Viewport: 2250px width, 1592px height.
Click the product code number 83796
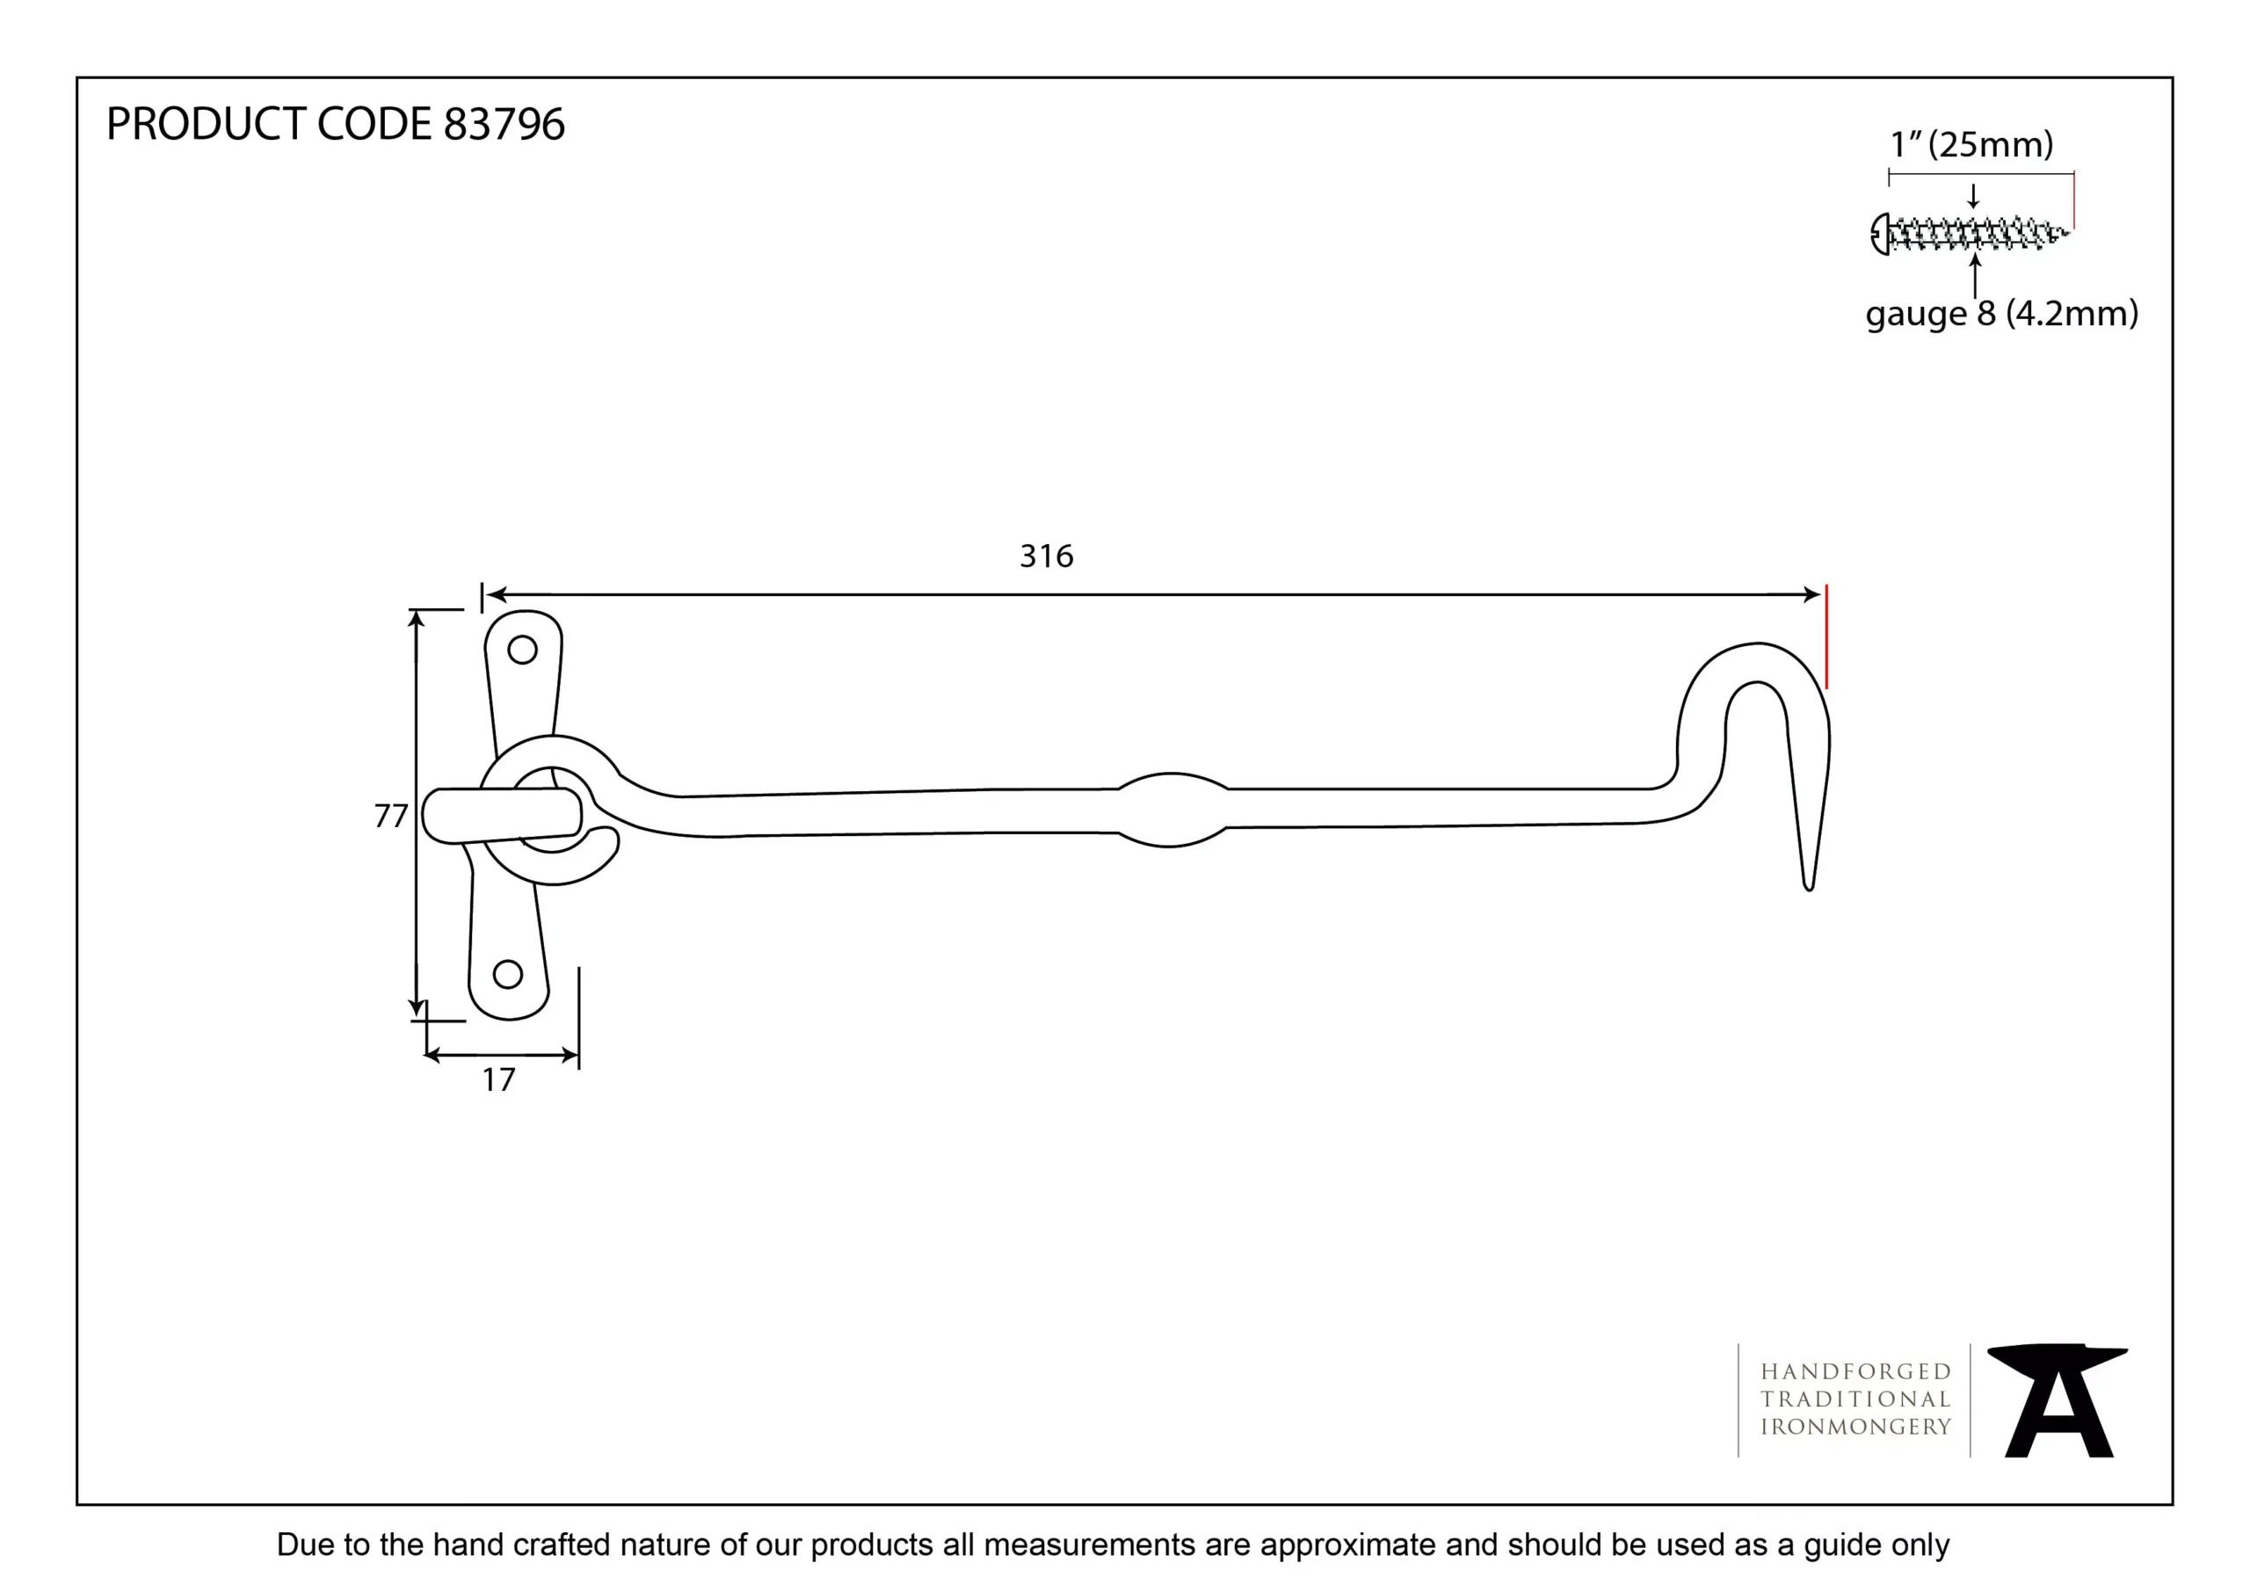point(504,125)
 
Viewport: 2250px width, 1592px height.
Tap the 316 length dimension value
point(1046,556)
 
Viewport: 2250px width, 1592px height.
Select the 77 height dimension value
point(390,816)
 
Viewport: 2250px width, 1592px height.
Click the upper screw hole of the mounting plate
point(522,650)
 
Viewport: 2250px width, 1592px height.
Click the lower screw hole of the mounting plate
point(508,974)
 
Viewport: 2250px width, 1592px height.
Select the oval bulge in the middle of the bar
point(1171,810)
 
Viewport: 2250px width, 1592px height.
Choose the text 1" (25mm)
point(1971,144)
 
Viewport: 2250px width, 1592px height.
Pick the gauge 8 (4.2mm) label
point(2001,314)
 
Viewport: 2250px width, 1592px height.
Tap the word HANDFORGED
point(1855,1371)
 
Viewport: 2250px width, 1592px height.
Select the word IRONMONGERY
point(1855,1428)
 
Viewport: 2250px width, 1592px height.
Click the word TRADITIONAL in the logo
point(1855,1399)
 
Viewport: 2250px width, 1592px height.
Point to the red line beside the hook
point(1826,637)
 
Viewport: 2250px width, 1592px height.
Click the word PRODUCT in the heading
point(206,125)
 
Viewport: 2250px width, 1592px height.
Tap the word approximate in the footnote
point(1348,1545)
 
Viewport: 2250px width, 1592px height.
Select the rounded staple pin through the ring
point(500,816)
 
